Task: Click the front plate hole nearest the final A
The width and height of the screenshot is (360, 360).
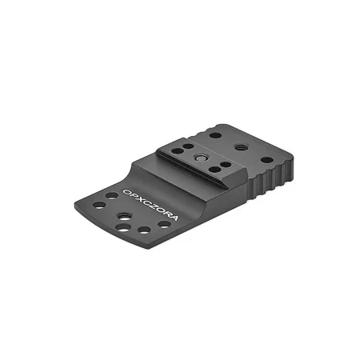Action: (x=164, y=225)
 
